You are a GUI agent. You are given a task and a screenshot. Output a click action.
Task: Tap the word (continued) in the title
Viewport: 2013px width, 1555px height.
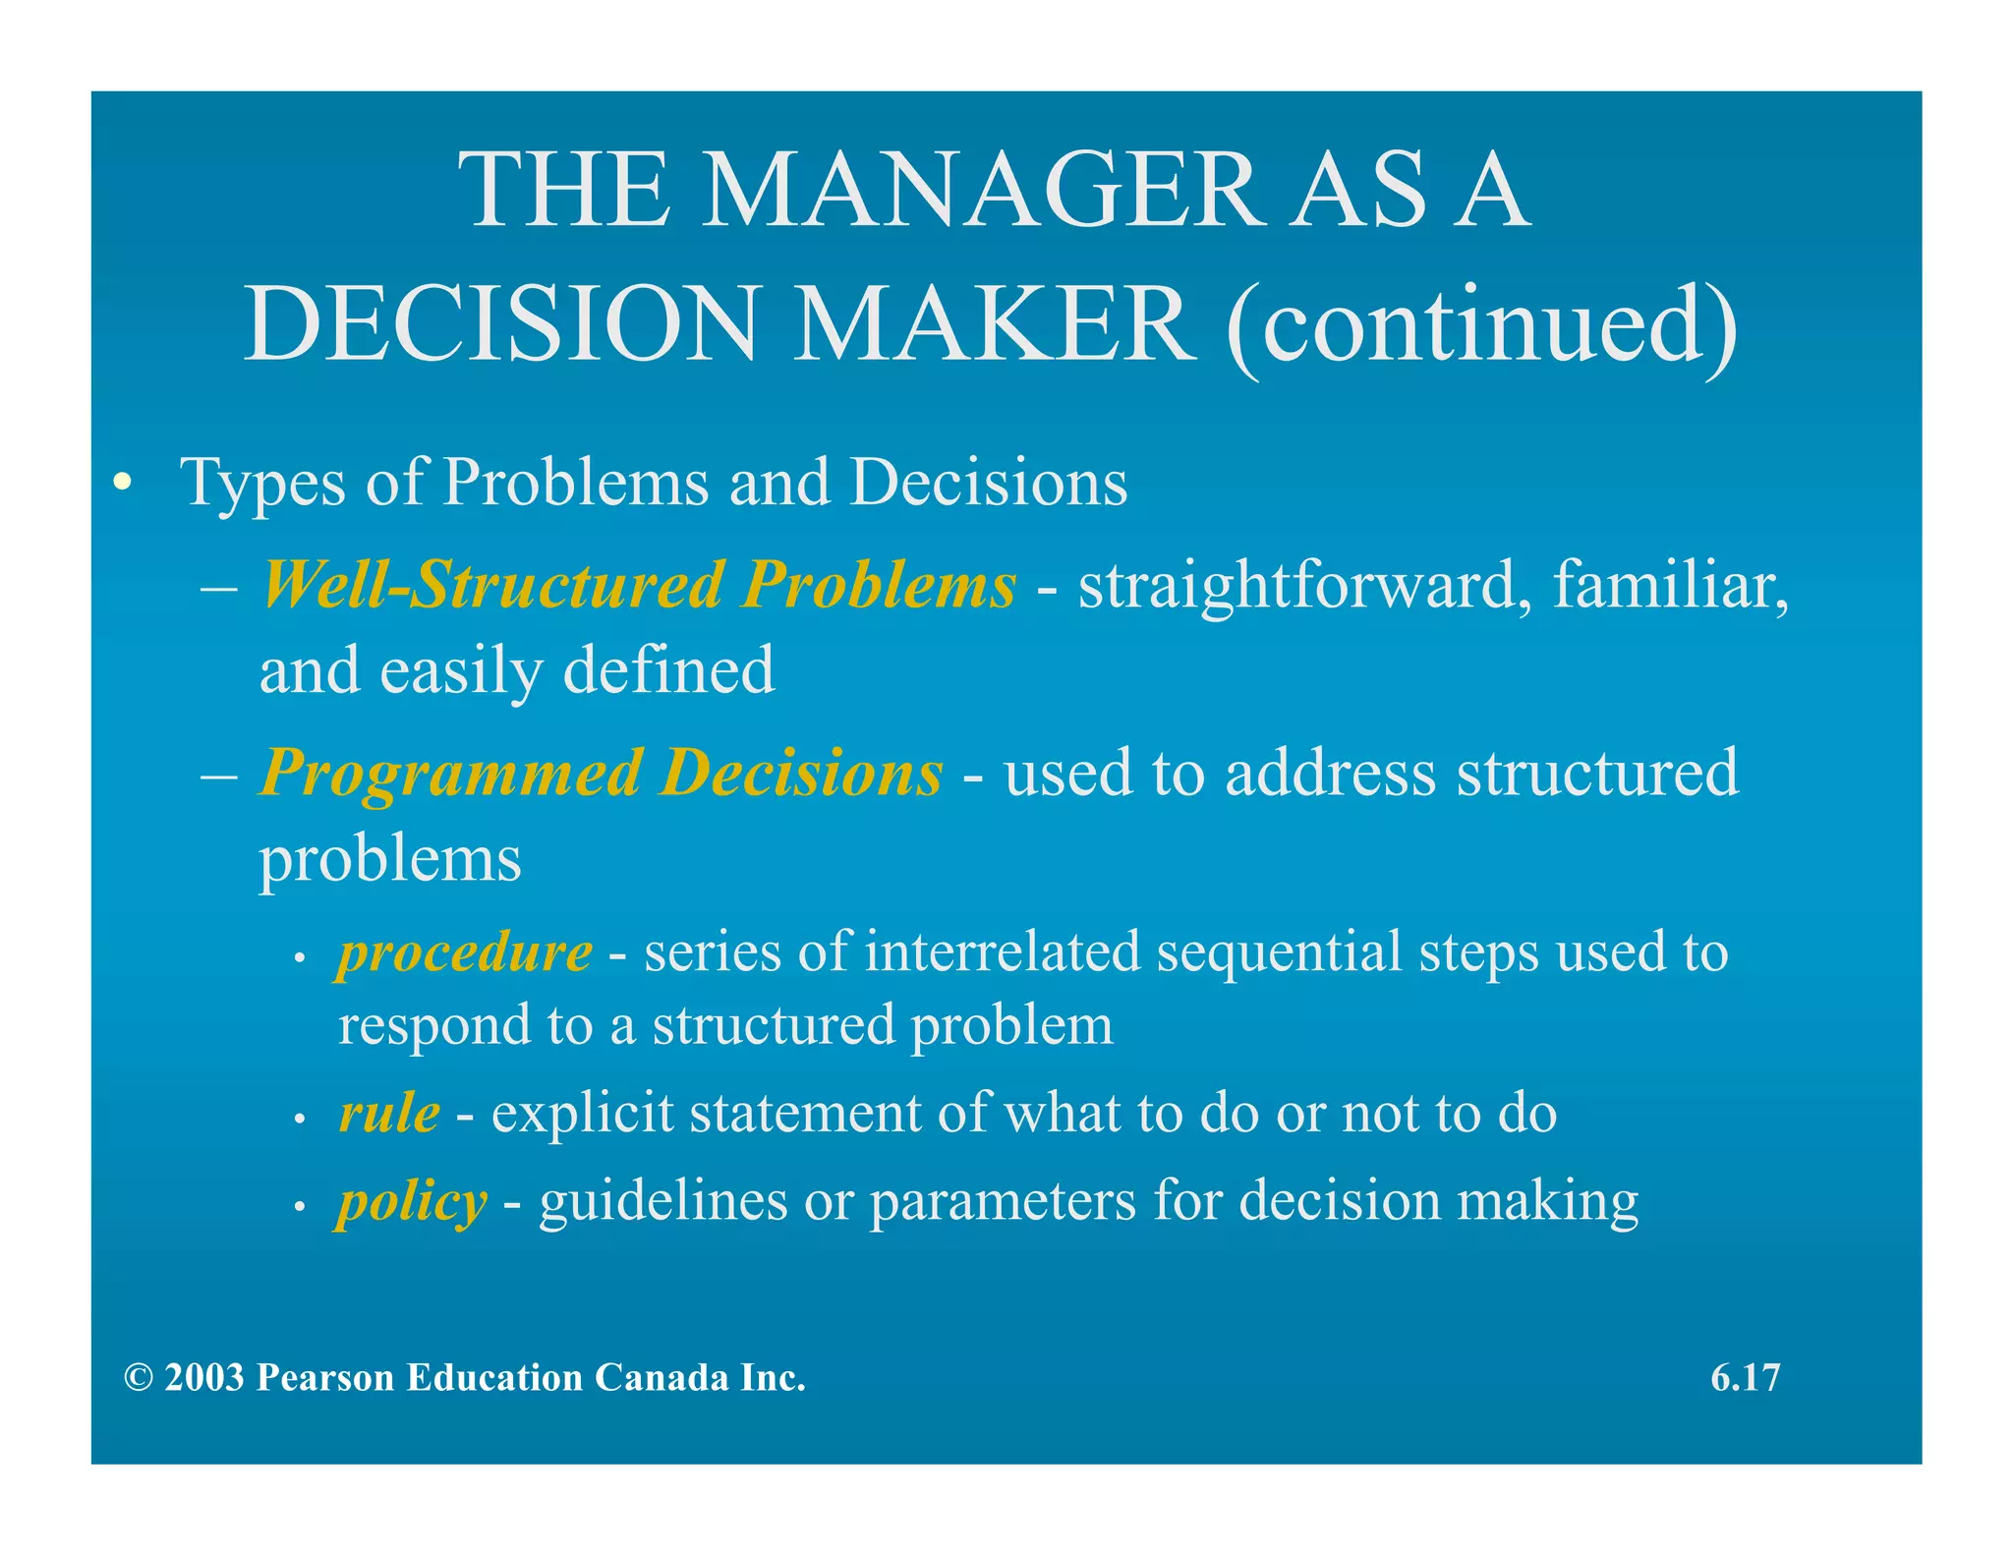(x=1482, y=324)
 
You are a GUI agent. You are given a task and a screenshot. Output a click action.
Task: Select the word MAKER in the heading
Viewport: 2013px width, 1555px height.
(x=995, y=324)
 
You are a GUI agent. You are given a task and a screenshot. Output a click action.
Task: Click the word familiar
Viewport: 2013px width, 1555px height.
(x=1669, y=586)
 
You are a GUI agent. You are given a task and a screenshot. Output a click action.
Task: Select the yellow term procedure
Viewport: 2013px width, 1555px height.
(x=465, y=952)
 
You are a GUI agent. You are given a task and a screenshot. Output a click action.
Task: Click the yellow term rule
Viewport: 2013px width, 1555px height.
(x=389, y=1114)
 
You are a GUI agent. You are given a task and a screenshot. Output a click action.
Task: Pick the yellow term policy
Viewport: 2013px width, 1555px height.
(x=412, y=1201)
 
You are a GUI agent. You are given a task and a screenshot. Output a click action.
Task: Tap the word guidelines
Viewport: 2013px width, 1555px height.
(x=662, y=1201)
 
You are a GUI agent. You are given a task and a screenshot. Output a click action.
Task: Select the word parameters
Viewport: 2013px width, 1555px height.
(x=1003, y=1201)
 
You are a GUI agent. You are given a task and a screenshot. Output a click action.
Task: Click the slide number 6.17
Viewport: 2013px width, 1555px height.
(x=1745, y=1377)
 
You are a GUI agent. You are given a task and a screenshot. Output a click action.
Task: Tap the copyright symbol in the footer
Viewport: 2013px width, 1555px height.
(x=139, y=1378)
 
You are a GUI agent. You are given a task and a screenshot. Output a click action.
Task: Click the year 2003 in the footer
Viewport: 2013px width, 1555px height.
(x=204, y=1378)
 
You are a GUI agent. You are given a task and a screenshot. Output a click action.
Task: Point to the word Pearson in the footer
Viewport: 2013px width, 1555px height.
(x=325, y=1378)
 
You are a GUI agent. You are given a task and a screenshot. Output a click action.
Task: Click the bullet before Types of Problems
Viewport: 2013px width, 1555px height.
(x=122, y=483)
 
